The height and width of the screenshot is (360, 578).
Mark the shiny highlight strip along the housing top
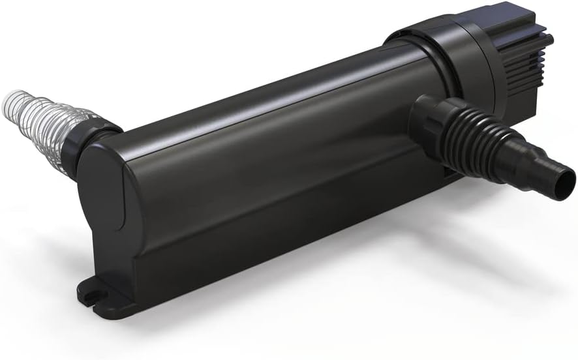click(261, 111)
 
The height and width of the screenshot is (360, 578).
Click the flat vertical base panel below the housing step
click(261, 261)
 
